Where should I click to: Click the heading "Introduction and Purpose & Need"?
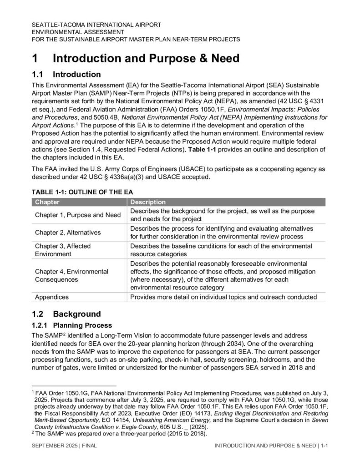[146, 59]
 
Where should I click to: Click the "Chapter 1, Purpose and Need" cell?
[78, 215]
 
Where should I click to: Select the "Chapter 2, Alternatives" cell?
[68, 232]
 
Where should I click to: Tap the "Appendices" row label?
[52, 297]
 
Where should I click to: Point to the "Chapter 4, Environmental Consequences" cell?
[71, 275]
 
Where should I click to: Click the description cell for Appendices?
[223, 297]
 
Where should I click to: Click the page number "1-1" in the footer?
[323, 446]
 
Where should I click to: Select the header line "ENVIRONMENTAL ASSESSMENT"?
[77, 32]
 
